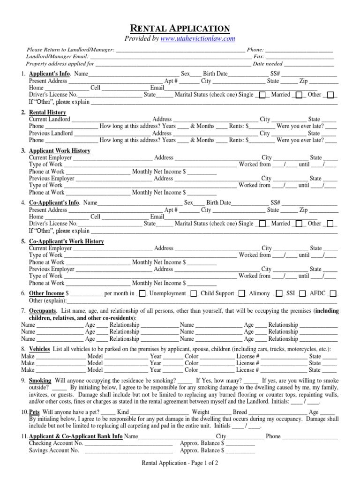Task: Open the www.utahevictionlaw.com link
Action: pos(198,39)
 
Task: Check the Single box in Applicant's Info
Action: pos(262,95)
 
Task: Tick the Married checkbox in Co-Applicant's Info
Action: pos(300,224)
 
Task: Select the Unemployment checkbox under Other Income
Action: pos(143,293)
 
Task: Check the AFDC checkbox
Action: pos(333,293)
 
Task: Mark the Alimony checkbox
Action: pos(279,293)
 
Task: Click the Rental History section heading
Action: pos(47,112)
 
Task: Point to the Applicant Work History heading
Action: pos(60,151)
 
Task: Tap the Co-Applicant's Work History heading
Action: pos(66,241)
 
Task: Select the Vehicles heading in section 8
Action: pos(40,350)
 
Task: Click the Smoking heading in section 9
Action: pos(40,381)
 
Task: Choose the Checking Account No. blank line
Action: pos(127,443)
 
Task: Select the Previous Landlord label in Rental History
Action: pos(51,133)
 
